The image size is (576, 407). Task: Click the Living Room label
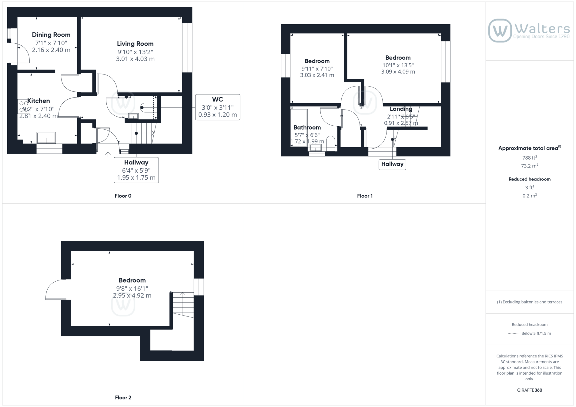pyautogui.click(x=135, y=44)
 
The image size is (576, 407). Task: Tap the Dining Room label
pyautogui.click(x=51, y=35)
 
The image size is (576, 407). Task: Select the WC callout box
pyautogui.click(x=218, y=107)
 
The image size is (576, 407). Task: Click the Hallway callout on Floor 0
pyautogui.click(x=136, y=170)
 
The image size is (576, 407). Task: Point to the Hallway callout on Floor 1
pyautogui.click(x=392, y=164)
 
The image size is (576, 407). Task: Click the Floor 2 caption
pyautogui.click(x=123, y=398)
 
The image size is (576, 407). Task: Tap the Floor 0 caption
pyautogui.click(x=123, y=196)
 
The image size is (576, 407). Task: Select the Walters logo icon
pyautogui.click(x=500, y=30)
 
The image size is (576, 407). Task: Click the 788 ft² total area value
pyautogui.click(x=530, y=157)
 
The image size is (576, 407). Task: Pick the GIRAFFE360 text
pyautogui.click(x=530, y=390)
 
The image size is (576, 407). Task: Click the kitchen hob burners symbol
pyautogui.click(x=24, y=106)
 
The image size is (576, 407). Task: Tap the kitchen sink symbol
pyautogui.click(x=46, y=138)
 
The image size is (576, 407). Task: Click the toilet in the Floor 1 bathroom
pyautogui.click(x=331, y=143)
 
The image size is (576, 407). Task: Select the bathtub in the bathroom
pyautogui.click(x=299, y=128)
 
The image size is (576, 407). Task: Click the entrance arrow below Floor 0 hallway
pyautogui.click(x=108, y=154)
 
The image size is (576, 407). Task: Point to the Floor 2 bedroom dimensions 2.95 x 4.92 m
pyautogui.click(x=132, y=296)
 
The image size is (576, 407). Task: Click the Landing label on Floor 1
pyautogui.click(x=401, y=109)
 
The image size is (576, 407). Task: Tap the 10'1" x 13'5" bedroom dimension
pyautogui.click(x=398, y=65)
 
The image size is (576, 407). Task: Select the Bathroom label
pyautogui.click(x=307, y=127)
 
